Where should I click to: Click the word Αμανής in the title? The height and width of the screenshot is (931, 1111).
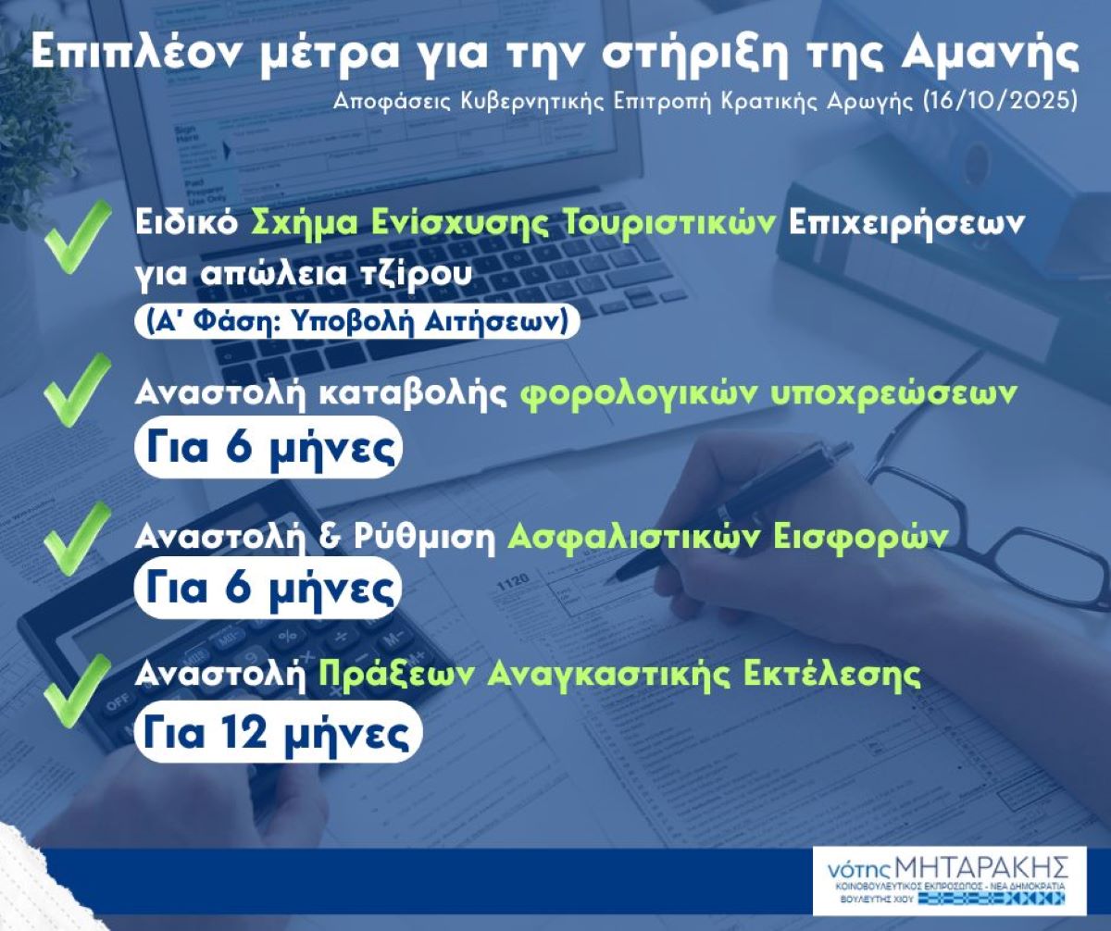pos(989,53)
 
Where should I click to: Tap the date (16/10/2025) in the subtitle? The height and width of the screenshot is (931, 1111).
pos(1000,101)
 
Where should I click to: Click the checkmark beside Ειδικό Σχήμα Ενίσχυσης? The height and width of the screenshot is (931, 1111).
pos(78,237)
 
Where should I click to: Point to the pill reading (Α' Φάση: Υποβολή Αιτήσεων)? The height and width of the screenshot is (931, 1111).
pos(357,321)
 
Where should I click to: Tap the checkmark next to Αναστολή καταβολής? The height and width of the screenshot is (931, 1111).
pos(77,390)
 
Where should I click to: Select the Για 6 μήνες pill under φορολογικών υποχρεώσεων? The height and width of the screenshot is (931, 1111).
pos(268,447)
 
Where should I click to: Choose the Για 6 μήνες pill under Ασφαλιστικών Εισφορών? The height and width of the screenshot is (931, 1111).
pos(268,589)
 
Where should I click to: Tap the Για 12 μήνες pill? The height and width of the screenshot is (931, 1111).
pos(279,732)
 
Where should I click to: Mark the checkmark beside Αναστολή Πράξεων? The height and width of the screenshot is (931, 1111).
pos(77,690)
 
